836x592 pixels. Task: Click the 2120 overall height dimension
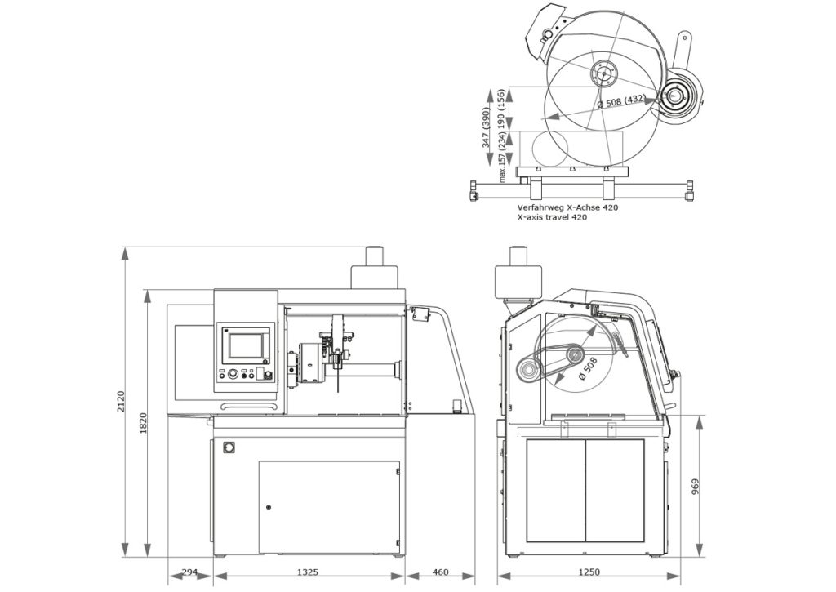(x=120, y=400)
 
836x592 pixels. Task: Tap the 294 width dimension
(x=189, y=572)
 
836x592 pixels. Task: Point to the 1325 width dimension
(x=308, y=572)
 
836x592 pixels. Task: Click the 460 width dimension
(x=440, y=572)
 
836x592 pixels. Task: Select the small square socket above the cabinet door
(x=229, y=447)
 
